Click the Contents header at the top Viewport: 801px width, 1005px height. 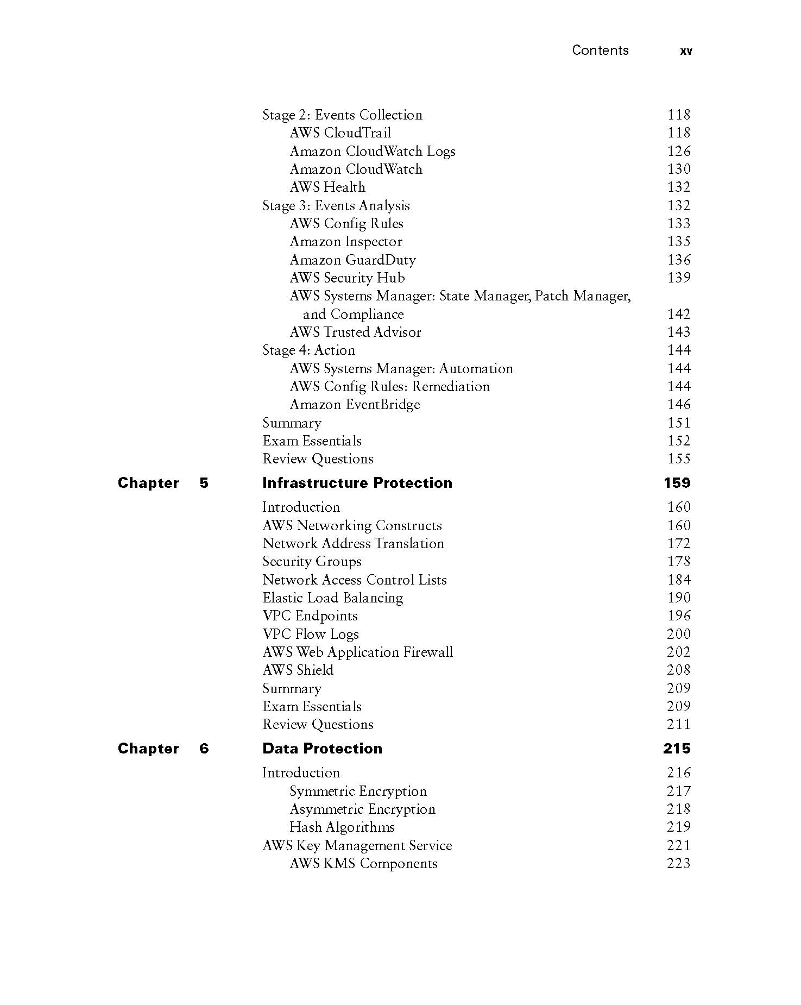[x=600, y=51]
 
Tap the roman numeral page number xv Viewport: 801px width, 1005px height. [x=686, y=51]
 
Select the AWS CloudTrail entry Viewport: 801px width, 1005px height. [x=340, y=133]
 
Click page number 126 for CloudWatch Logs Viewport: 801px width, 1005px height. [x=678, y=151]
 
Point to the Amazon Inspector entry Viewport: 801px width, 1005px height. [x=346, y=242]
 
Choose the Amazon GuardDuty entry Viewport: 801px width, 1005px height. [x=352, y=260]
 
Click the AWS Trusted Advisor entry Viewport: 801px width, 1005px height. [x=355, y=332]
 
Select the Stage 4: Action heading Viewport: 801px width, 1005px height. [x=308, y=350]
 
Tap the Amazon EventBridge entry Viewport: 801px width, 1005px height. [x=355, y=405]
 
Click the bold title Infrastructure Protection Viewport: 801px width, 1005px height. [x=357, y=483]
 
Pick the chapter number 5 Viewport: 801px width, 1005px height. [x=204, y=483]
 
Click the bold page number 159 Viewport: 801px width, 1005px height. [x=677, y=483]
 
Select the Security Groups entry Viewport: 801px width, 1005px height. [x=312, y=562]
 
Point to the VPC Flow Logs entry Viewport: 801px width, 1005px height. [x=311, y=634]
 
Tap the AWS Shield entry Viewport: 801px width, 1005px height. [x=298, y=670]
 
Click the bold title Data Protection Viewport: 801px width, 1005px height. [x=322, y=749]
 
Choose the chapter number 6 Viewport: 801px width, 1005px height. [x=204, y=749]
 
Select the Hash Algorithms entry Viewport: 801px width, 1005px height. [x=342, y=827]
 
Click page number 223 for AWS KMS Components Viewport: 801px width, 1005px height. [x=678, y=863]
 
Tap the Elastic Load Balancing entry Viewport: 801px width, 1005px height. [x=332, y=598]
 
